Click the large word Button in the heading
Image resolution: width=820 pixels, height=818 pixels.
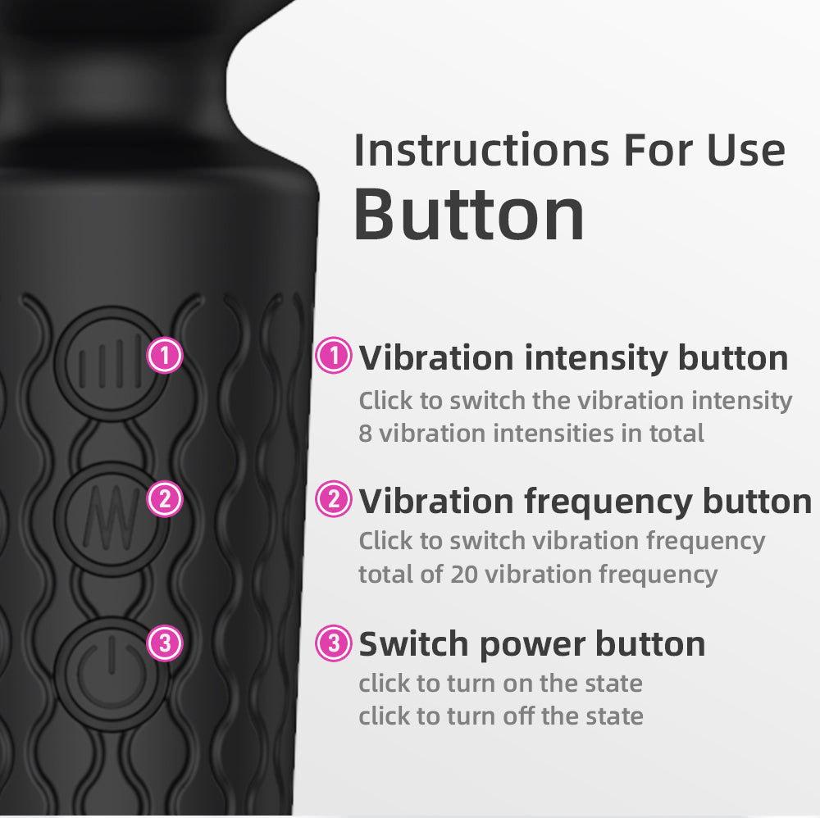[x=469, y=215]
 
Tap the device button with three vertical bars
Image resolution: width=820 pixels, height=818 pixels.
[x=107, y=363]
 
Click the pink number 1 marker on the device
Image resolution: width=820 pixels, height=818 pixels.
[x=165, y=356]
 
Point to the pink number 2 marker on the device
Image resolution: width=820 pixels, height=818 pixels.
[x=165, y=499]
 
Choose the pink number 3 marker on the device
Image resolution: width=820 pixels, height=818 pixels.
[x=165, y=643]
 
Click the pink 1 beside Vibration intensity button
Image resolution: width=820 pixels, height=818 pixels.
[x=334, y=356]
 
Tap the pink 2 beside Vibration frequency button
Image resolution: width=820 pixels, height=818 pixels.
[x=334, y=499]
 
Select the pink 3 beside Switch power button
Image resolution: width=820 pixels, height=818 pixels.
[x=334, y=643]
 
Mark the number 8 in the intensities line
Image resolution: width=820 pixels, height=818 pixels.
[x=365, y=433]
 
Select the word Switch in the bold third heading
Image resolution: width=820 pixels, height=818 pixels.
[x=413, y=644]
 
